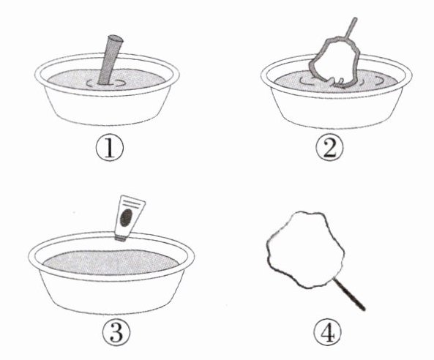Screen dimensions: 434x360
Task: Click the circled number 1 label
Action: (110, 149)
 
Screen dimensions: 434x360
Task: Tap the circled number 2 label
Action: (329, 149)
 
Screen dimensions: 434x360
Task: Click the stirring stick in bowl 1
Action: (110, 60)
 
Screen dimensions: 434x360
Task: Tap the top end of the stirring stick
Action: (116, 38)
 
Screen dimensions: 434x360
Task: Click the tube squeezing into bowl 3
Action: (130, 218)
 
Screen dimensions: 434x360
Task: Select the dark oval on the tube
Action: (126, 218)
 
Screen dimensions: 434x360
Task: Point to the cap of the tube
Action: (121, 238)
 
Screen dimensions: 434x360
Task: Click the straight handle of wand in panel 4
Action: (349, 294)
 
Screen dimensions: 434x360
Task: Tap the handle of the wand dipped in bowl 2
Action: (351, 28)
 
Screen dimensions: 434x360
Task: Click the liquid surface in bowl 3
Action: (111, 263)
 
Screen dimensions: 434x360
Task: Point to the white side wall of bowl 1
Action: (107, 108)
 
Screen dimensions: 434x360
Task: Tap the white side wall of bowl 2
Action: (335, 112)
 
